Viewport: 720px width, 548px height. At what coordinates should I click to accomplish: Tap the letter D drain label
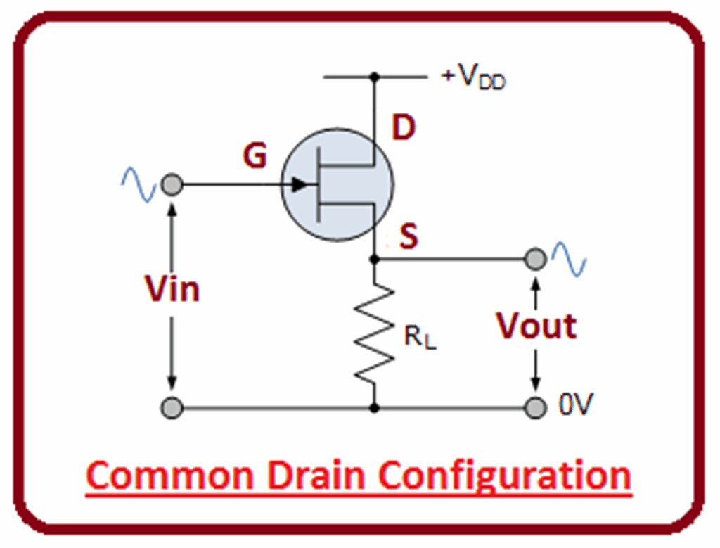point(403,128)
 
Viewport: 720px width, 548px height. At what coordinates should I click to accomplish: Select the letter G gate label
point(255,157)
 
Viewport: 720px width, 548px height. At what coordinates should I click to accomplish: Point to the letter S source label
point(409,238)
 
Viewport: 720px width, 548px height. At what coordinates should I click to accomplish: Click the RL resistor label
point(420,339)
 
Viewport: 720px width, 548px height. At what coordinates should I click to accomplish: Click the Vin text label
point(172,288)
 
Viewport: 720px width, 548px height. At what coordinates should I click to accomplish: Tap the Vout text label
point(536,326)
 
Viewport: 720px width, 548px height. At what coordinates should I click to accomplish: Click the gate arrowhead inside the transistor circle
point(300,185)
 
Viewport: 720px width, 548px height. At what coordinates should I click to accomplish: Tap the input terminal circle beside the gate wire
point(172,185)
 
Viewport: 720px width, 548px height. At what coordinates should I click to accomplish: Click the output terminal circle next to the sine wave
point(536,259)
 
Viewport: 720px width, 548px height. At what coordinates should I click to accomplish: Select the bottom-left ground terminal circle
point(172,407)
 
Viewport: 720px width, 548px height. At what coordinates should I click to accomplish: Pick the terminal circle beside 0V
point(536,407)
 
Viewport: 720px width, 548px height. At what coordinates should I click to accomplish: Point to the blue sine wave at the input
point(139,184)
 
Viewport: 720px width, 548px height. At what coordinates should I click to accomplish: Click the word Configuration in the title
point(506,477)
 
